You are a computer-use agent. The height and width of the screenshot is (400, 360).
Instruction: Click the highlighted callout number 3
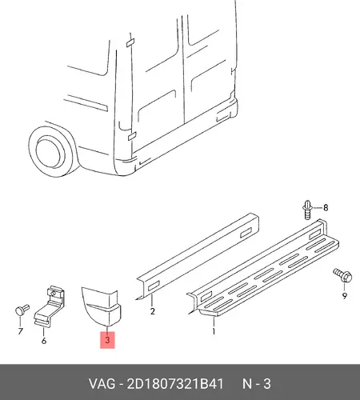(x=107, y=340)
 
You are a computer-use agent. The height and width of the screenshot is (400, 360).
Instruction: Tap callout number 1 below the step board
(x=214, y=331)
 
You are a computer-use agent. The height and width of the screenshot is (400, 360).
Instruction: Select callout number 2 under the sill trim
(x=152, y=311)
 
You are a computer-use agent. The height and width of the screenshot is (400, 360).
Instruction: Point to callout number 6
(x=44, y=341)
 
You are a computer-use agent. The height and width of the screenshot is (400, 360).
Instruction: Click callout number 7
(x=21, y=331)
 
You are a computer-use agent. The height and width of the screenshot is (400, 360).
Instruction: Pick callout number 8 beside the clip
(x=326, y=207)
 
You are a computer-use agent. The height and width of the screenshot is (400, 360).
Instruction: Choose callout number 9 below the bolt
(x=345, y=296)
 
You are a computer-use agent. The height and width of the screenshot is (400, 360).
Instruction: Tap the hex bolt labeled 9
(x=342, y=275)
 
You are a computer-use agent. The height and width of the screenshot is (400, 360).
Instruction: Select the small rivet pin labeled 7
(x=22, y=310)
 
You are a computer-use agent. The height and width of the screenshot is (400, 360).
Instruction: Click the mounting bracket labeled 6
(x=50, y=306)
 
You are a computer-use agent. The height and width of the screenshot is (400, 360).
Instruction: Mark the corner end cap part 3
(x=102, y=306)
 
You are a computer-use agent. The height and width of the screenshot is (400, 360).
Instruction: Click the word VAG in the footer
(x=102, y=384)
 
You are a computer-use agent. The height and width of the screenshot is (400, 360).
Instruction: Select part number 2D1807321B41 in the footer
(x=175, y=384)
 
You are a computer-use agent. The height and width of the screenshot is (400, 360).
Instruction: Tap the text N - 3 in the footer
(x=257, y=384)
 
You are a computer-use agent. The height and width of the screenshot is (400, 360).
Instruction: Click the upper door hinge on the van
(x=130, y=42)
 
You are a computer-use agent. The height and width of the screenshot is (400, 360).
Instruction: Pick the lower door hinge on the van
(x=132, y=136)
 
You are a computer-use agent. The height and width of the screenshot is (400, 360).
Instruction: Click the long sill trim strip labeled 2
(x=198, y=256)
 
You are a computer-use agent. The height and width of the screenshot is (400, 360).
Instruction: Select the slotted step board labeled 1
(x=263, y=268)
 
